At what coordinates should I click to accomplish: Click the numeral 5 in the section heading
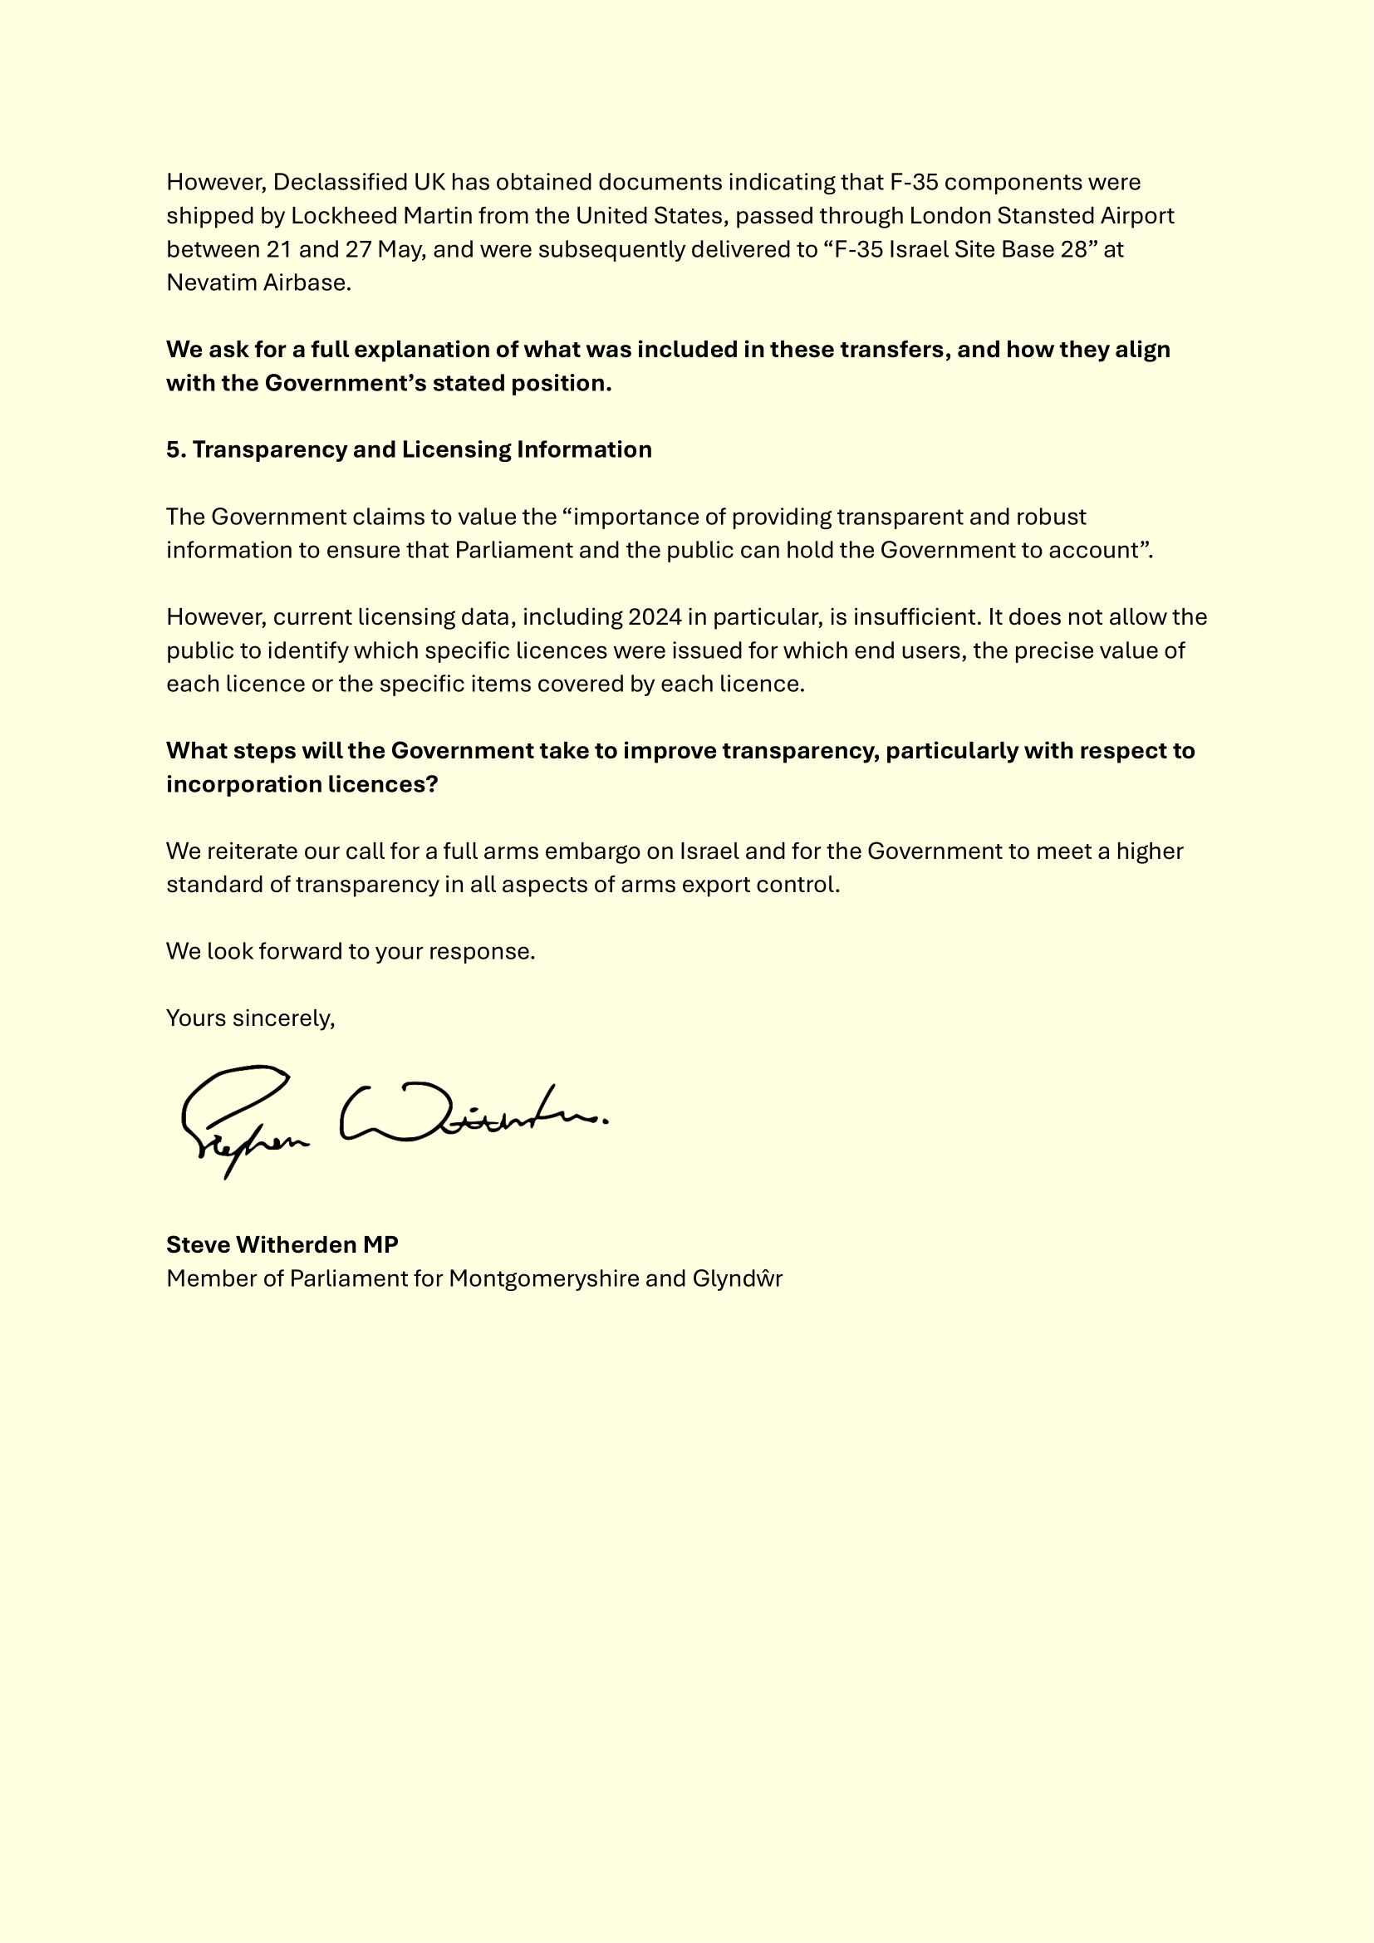pyautogui.click(x=173, y=449)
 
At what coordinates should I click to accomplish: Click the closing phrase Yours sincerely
pyautogui.click(x=250, y=1018)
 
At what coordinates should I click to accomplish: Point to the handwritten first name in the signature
pyautogui.click(x=241, y=1117)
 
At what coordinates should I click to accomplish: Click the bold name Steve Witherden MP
pyautogui.click(x=282, y=1245)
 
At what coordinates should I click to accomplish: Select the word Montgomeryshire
pyautogui.click(x=543, y=1278)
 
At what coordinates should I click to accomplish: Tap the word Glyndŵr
pyautogui.click(x=737, y=1278)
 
